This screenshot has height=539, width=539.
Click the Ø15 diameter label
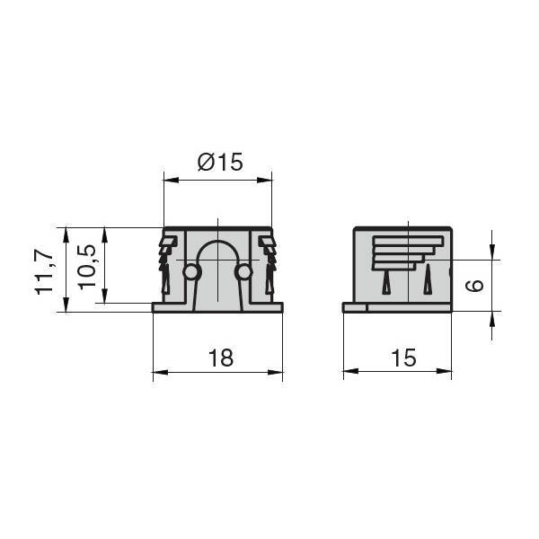[220, 162]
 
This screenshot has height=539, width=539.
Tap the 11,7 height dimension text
[44, 271]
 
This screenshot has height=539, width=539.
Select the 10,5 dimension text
[86, 267]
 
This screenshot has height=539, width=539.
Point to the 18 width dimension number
[221, 358]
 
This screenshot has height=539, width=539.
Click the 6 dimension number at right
[474, 286]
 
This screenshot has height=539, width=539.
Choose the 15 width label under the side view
[403, 358]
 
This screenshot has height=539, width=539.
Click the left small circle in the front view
[192, 273]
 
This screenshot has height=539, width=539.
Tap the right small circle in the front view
[243, 273]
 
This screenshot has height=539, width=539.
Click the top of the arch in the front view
[217, 242]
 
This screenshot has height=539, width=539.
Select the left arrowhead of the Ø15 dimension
[172, 181]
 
